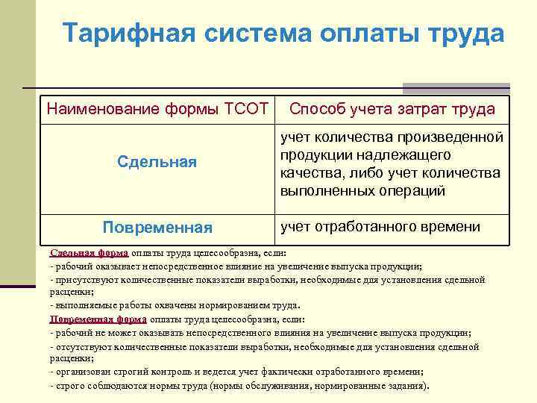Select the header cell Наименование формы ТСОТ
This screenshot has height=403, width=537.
tap(157, 109)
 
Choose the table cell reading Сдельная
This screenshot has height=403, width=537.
tap(157, 162)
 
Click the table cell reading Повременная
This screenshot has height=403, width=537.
tap(157, 227)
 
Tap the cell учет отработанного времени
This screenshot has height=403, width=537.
tap(380, 226)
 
